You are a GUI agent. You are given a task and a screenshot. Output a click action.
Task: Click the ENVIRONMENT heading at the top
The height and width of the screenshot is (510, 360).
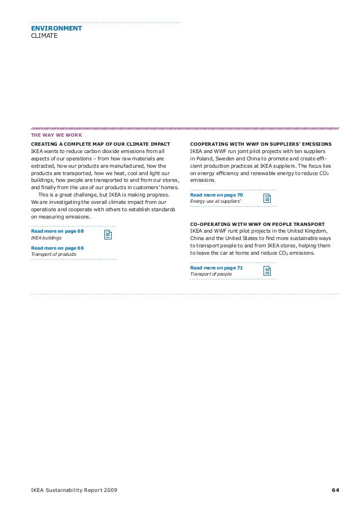coord(56,28)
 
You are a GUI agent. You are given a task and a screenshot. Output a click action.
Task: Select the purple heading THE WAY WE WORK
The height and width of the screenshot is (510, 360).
coord(56,135)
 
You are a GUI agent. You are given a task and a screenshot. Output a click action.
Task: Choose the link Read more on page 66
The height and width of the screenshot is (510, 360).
coord(57,247)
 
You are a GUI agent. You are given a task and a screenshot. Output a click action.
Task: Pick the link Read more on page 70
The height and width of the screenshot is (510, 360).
coord(217,195)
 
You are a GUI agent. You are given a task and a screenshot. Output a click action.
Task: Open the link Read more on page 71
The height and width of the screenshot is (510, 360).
coord(217,268)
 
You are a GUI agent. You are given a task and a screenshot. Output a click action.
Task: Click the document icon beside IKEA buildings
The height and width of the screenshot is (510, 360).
coord(108,236)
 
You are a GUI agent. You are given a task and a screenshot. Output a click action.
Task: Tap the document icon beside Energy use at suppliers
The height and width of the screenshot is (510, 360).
coord(267,198)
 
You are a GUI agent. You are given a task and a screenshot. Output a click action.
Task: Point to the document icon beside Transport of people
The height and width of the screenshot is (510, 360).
coord(267,271)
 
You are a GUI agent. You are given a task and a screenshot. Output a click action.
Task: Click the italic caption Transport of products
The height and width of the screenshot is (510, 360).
coord(54,254)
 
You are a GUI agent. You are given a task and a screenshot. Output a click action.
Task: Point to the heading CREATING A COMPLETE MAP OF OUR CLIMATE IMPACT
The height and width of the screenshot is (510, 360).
coord(100,144)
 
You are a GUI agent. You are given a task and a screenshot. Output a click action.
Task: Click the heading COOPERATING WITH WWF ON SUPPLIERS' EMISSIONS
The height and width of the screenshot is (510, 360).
coord(261,144)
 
